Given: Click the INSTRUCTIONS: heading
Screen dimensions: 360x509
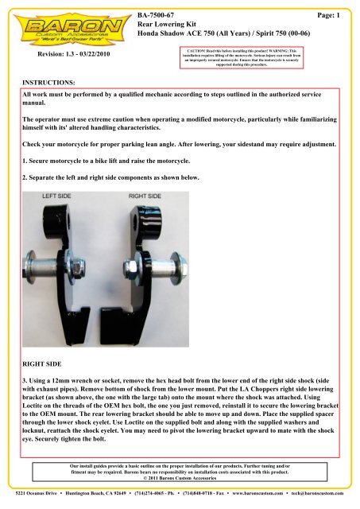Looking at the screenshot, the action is click(50, 82).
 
